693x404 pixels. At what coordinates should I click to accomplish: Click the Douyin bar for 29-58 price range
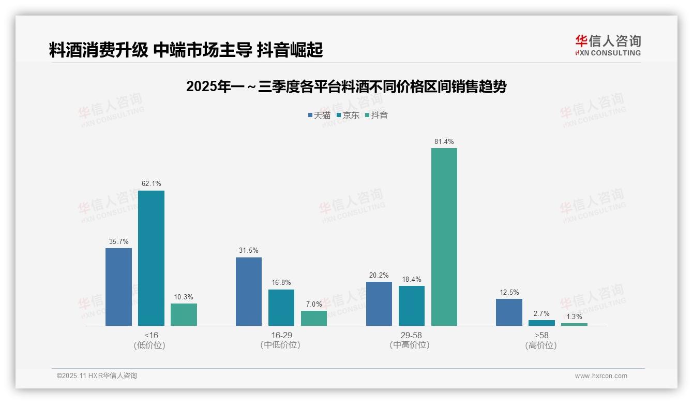(x=444, y=237)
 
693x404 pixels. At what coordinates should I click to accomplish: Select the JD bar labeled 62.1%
(x=151, y=258)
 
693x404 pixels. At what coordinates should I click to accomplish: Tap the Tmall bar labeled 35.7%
(x=118, y=286)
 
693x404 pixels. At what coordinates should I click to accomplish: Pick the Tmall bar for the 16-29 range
(x=249, y=291)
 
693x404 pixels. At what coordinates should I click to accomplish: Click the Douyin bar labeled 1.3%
(x=574, y=324)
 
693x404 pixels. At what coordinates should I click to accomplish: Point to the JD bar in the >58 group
(x=541, y=323)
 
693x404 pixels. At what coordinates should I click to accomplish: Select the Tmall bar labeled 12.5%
(x=509, y=312)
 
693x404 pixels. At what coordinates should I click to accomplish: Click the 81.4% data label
(x=444, y=141)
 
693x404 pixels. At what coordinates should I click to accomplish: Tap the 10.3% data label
(x=184, y=297)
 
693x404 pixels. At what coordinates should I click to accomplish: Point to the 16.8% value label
(x=281, y=282)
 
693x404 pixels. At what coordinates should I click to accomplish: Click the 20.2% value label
(x=379, y=275)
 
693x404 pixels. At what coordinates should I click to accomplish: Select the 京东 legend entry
(x=348, y=115)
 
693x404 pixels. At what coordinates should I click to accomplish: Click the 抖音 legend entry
(x=376, y=115)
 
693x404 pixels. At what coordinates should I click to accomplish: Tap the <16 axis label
(x=151, y=335)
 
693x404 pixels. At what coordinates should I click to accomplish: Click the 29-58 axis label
(x=411, y=335)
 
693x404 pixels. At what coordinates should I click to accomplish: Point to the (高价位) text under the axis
(x=541, y=345)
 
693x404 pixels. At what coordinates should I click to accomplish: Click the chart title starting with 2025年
(x=346, y=86)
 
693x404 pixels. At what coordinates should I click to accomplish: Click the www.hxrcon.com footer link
(x=601, y=376)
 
